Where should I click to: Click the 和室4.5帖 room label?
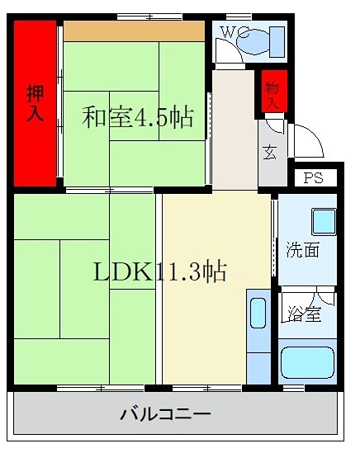[x=137, y=118]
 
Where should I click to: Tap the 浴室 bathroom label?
[x=303, y=314]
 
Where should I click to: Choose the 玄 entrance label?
[x=270, y=152]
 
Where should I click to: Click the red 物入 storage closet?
[x=270, y=92]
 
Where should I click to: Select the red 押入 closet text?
[x=35, y=103]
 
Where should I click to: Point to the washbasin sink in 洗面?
[x=323, y=221]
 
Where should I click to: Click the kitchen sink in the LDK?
[x=257, y=314]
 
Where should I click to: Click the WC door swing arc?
[x=225, y=52]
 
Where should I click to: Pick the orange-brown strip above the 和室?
[x=134, y=31]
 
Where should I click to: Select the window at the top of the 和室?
[x=149, y=17]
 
